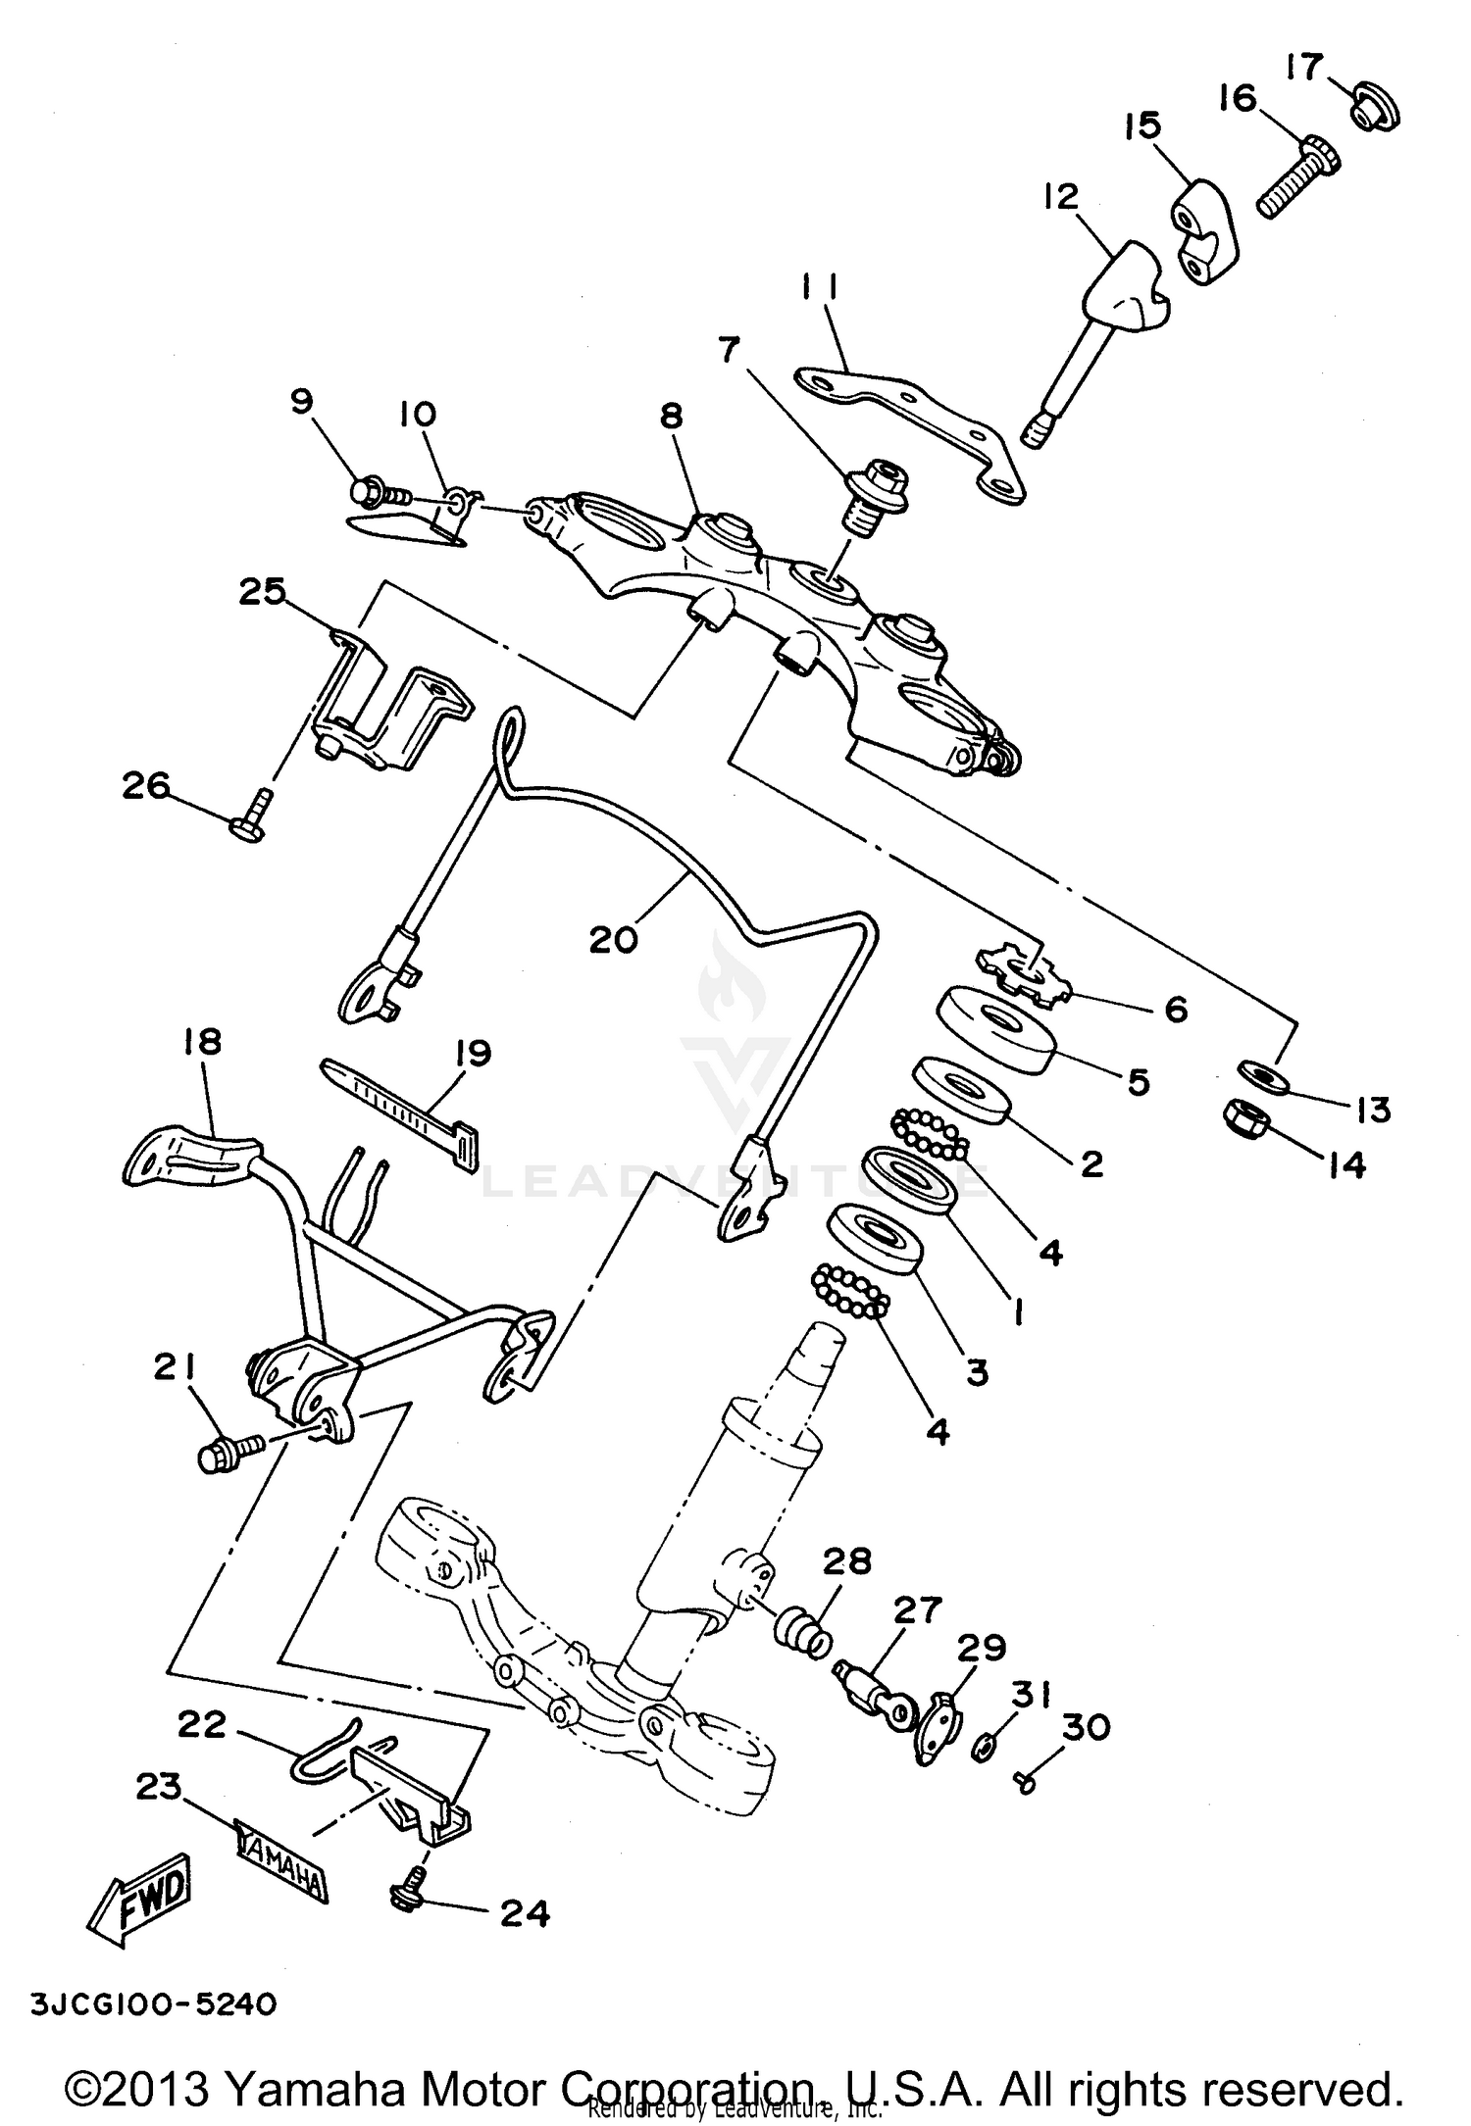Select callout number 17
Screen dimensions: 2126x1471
1305,68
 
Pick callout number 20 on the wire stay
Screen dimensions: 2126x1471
614,939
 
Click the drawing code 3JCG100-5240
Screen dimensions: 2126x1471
154,2003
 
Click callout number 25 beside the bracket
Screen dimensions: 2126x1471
263,592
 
